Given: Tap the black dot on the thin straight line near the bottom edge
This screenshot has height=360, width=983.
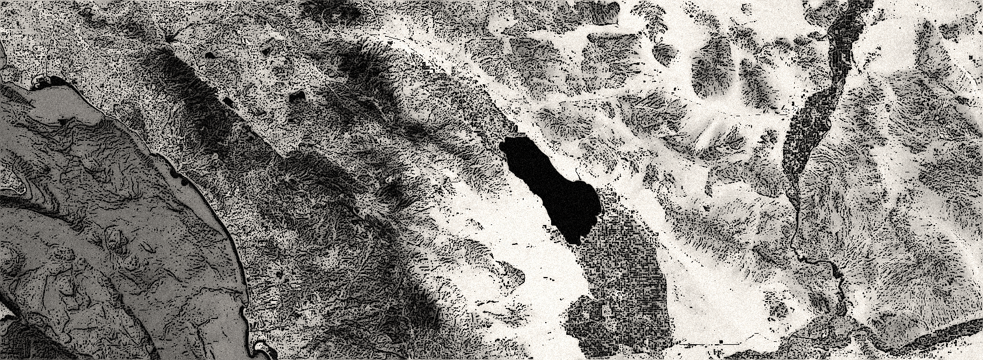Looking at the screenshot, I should click(722, 340).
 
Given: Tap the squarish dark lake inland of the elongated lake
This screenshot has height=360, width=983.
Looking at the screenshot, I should click(297, 96).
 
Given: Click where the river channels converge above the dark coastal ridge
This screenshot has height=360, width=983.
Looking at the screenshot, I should click(169, 40).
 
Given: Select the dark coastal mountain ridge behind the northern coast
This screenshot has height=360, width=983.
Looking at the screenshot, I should click(193, 88).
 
